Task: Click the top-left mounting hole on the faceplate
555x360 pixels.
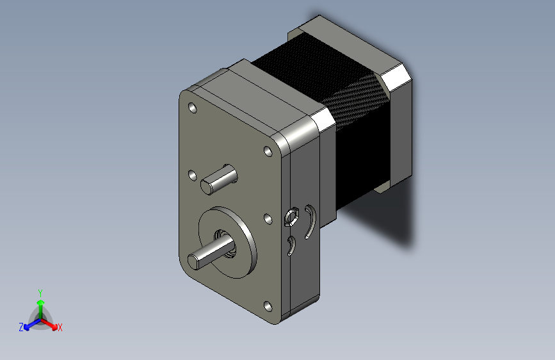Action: pos(192,108)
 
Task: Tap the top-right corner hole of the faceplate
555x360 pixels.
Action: pos(268,152)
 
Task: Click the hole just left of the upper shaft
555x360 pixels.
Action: pos(192,174)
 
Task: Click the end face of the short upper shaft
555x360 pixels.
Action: pos(207,186)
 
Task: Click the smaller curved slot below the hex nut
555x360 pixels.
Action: pos(291,245)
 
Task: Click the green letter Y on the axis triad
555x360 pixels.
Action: pos(40,291)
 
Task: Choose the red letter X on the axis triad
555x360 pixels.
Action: pos(60,328)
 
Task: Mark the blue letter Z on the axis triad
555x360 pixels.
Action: pos(21,327)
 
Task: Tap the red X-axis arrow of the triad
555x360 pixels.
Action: pos(52,323)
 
